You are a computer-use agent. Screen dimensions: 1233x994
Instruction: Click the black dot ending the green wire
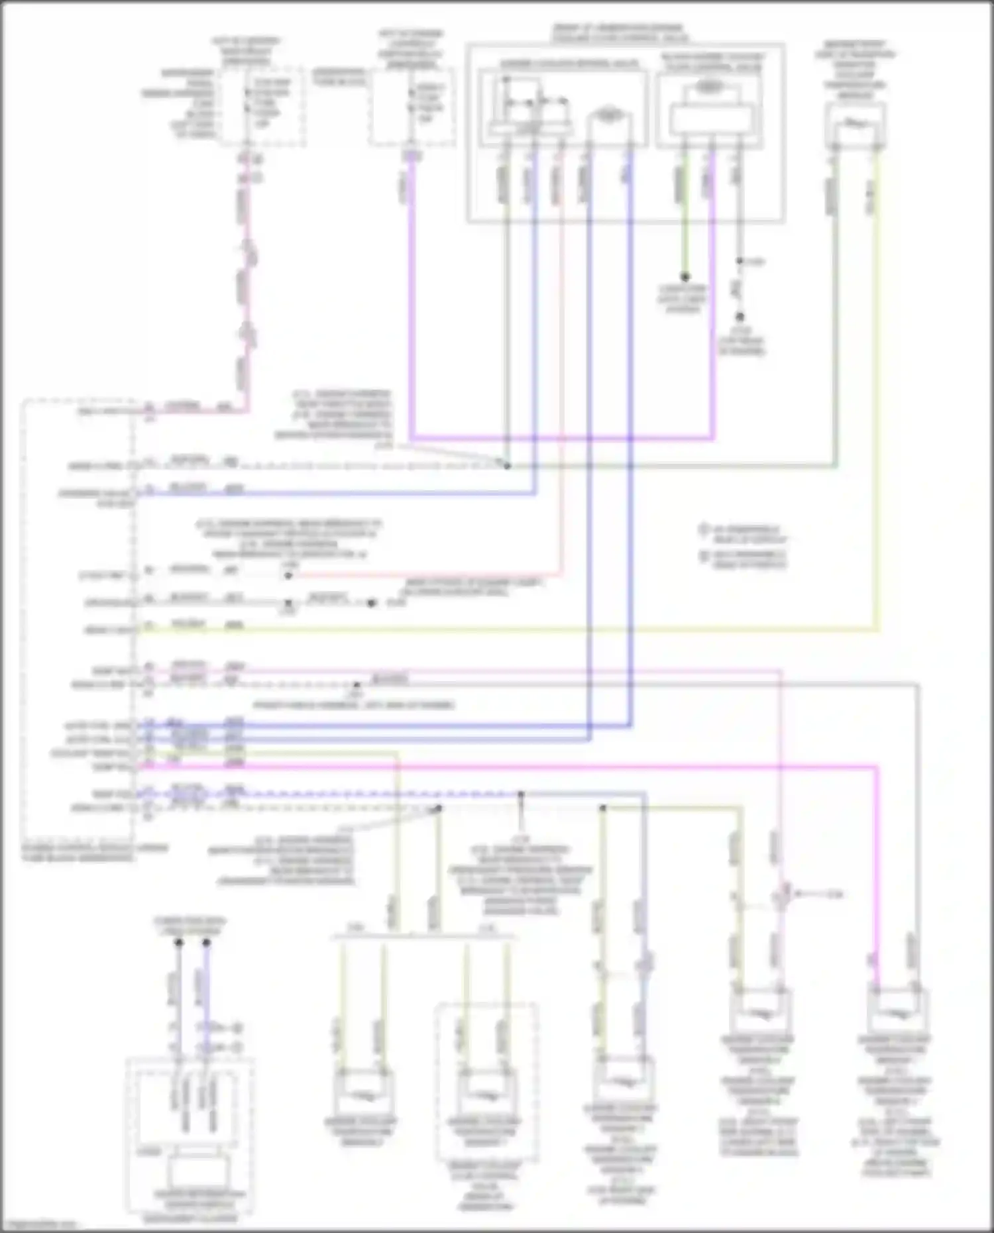click(685, 277)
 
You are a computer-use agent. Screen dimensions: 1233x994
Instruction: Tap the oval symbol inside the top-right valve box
click(709, 87)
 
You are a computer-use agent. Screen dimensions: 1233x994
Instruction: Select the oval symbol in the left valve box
click(606, 115)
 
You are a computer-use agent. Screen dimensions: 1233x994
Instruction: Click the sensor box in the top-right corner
click(855, 126)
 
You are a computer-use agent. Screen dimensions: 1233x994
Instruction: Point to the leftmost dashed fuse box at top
click(263, 106)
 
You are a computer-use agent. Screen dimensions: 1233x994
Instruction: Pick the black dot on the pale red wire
click(288, 576)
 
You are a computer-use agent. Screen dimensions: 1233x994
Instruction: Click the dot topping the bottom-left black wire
click(179, 942)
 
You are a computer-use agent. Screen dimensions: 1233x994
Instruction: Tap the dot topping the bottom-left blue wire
click(206, 942)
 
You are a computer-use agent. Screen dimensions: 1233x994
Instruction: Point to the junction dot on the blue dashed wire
click(521, 794)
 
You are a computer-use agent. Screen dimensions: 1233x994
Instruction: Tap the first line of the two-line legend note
click(742, 533)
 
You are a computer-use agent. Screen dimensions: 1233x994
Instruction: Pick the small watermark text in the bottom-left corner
click(40, 1225)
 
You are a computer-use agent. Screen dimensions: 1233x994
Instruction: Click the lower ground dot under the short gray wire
click(740, 317)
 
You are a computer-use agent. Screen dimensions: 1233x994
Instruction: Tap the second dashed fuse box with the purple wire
click(412, 106)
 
